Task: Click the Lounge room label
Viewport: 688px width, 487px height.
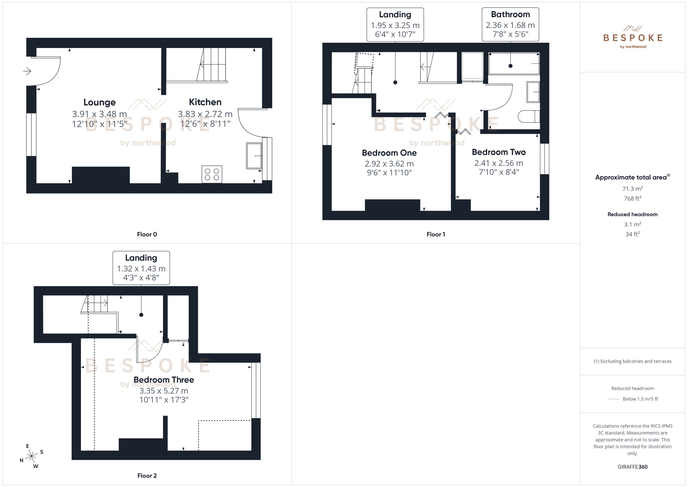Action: coord(99,102)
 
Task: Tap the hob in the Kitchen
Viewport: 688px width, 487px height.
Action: coord(212,174)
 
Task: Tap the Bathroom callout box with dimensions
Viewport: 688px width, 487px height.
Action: coord(510,24)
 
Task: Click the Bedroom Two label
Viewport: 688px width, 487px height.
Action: coord(499,152)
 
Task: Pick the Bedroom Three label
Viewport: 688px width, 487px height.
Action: coord(164,380)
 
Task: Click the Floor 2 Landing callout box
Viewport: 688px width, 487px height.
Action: coord(141,268)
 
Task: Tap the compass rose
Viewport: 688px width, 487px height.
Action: coord(31,456)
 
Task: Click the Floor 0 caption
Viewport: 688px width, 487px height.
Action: coord(147,234)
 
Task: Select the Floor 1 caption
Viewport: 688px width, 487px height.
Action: coord(436,234)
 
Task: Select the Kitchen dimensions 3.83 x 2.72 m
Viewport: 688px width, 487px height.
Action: coord(205,114)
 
